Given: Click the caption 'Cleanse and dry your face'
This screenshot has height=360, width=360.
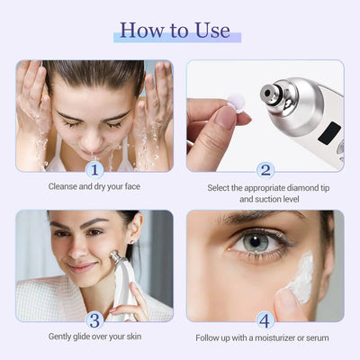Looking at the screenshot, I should [94, 187].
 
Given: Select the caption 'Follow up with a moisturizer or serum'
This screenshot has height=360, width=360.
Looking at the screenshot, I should [265, 338].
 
